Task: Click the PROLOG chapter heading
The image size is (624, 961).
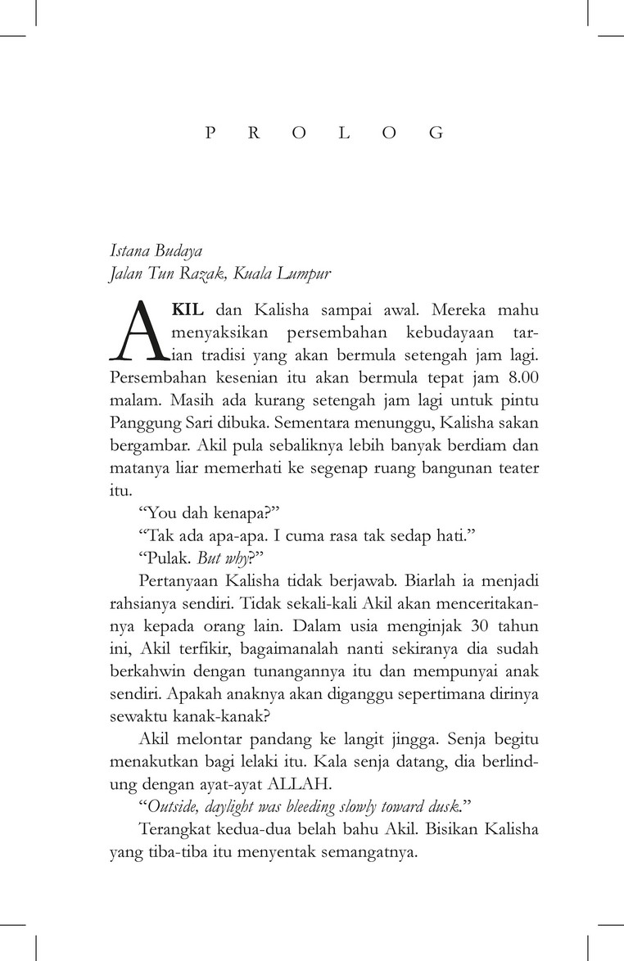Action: pyautogui.click(x=324, y=133)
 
